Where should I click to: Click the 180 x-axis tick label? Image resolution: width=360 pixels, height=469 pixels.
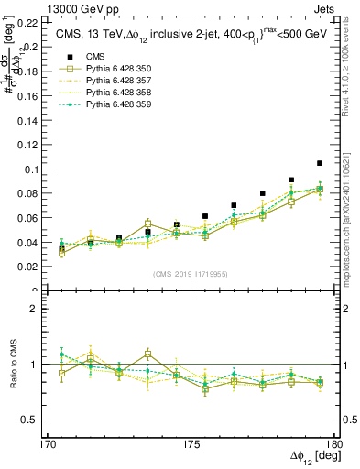tap(335, 444)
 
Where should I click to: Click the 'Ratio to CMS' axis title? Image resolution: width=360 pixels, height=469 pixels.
tap(14, 365)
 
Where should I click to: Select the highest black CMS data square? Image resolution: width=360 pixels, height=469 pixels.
tap(320, 163)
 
